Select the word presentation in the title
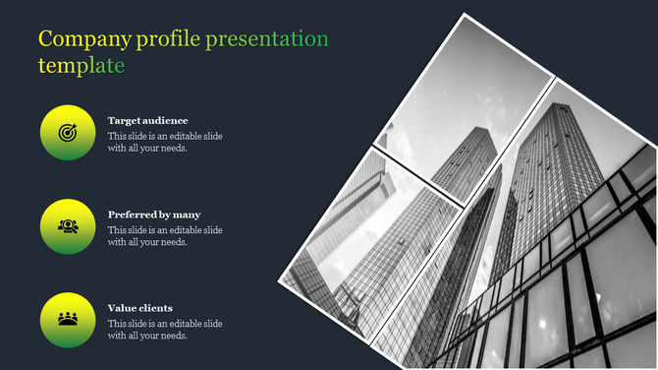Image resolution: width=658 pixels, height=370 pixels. pyautogui.click(x=267, y=39)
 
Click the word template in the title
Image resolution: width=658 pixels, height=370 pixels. pyautogui.click(x=82, y=66)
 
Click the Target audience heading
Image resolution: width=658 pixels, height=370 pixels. pyautogui.click(x=147, y=120)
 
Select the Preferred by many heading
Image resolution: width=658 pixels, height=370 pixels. pyautogui.click(x=154, y=214)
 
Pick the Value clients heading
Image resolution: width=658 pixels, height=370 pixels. pyautogui.click(x=139, y=308)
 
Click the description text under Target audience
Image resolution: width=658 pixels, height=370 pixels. pyautogui.click(x=165, y=142)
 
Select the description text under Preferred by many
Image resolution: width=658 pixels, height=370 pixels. pyautogui.click(x=165, y=236)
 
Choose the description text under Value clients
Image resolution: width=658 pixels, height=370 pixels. pyautogui.click(x=165, y=330)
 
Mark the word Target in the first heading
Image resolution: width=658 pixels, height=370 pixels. pyautogui.click(x=123, y=120)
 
